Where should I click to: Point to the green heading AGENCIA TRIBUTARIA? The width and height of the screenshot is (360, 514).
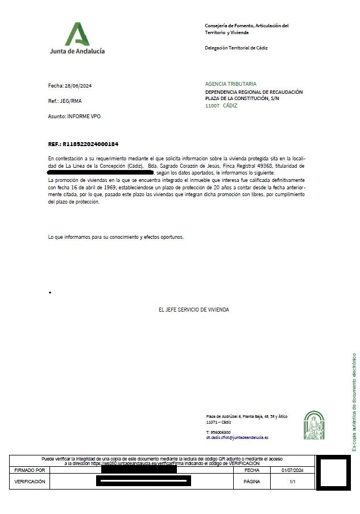[230, 84]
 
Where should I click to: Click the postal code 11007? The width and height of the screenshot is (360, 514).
[212, 106]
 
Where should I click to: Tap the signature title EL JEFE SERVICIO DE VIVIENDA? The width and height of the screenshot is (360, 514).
[193, 310]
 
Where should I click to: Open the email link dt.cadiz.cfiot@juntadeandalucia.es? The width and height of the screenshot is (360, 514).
[237, 438]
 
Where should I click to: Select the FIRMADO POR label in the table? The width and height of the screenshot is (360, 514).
[30, 470]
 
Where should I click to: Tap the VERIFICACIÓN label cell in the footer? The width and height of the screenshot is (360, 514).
[30, 482]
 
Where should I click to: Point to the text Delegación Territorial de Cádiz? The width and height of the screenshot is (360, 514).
[236, 48]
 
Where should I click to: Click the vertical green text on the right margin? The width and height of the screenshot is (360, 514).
[354, 401]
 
